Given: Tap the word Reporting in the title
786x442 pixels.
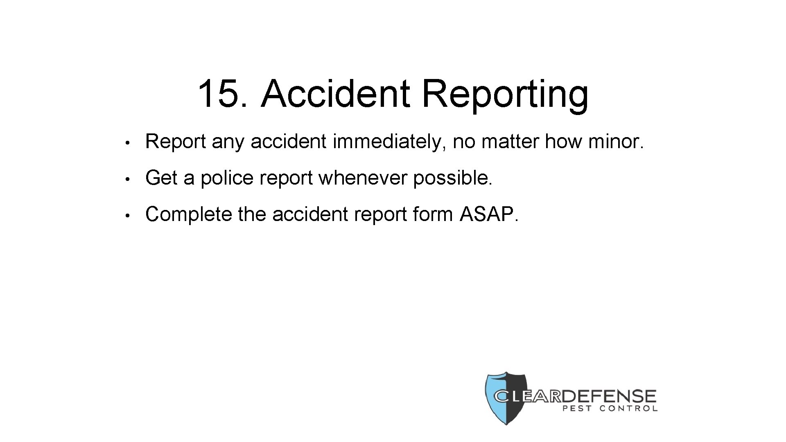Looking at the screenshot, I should pyautogui.click(x=505, y=95).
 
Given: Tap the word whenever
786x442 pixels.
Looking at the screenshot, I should pyautogui.click(x=363, y=178).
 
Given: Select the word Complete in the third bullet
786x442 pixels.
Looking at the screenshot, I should pyautogui.click(x=188, y=214).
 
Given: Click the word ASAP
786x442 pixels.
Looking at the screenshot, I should pyautogui.click(x=489, y=214).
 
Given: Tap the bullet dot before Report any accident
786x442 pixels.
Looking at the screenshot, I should pyautogui.click(x=128, y=143).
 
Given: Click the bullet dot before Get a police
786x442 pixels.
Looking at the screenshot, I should pyautogui.click(x=128, y=179).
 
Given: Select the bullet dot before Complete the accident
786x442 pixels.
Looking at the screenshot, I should pyautogui.click(x=128, y=215).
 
